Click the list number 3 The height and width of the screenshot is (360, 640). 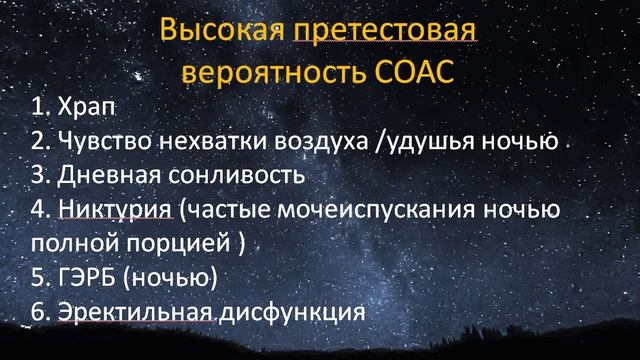(38, 175)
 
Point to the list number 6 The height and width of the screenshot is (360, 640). (38, 311)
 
